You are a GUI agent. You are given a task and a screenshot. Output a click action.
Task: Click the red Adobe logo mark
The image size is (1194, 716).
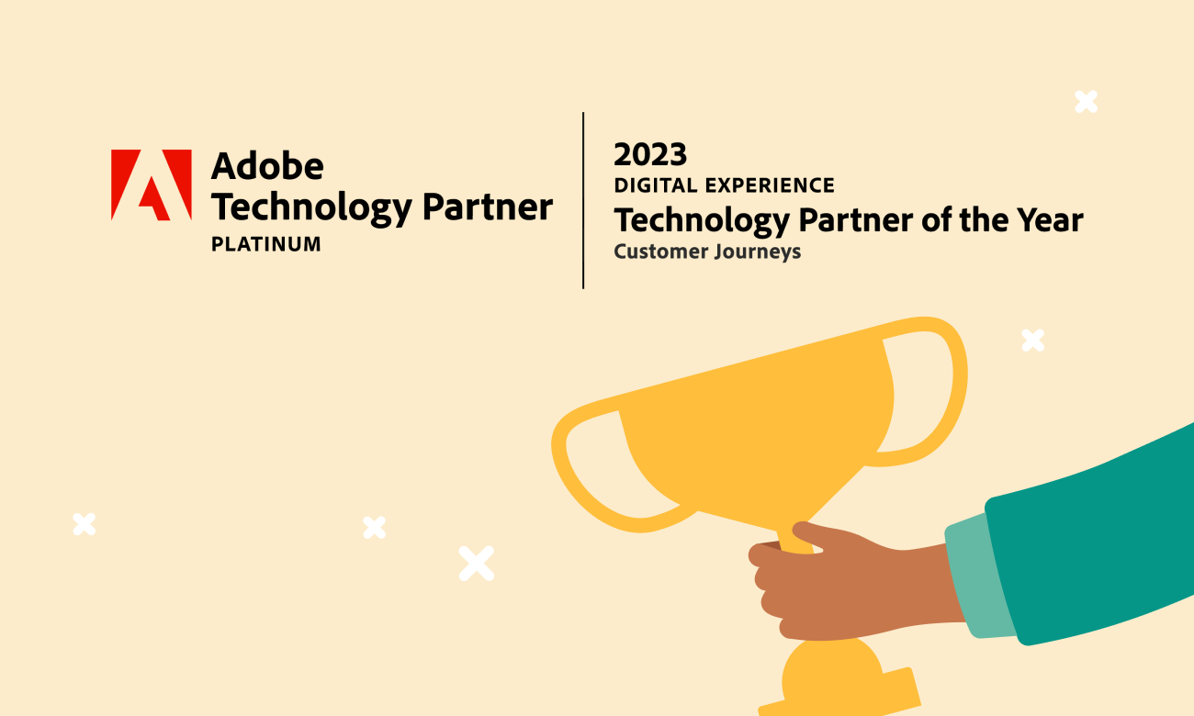point(151,185)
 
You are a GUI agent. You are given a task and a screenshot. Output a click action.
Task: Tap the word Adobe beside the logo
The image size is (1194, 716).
point(267,165)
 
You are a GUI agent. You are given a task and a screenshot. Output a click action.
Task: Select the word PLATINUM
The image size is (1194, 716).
point(266,244)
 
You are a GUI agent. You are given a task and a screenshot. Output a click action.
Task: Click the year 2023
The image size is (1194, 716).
point(650,154)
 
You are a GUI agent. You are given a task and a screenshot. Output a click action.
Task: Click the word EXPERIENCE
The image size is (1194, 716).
point(770,185)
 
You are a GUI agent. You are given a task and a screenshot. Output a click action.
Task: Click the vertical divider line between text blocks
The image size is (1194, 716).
point(583,200)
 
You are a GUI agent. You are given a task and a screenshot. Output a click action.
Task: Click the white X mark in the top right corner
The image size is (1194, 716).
point(1086,102)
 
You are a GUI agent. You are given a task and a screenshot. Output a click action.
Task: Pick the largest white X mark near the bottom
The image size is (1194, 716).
point(477,564)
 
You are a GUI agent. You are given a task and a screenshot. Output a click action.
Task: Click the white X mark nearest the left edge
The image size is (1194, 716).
point(84,524)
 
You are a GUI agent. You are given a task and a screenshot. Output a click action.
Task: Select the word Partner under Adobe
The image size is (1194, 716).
point(488,207)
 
